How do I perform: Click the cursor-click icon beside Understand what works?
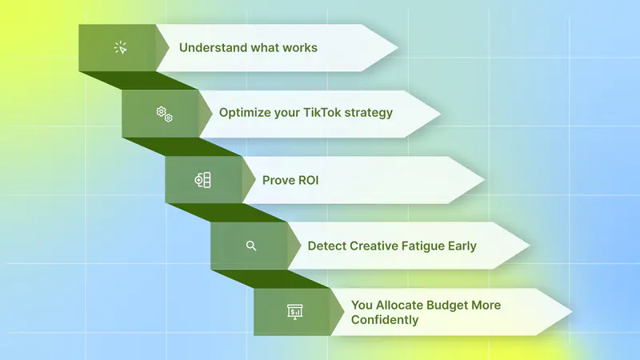(x=121, y=48)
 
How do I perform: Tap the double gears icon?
(x=165, y=114)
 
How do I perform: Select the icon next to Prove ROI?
(x=203, y=180)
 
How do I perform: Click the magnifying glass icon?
(x=251, y=246)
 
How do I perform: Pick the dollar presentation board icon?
(x=294, y=312)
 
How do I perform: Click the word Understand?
(x=208, y=48)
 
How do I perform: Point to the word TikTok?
(x=322, y=112)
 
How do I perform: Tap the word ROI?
(x=308, y=180)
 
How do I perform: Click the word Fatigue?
(x=423, y=246)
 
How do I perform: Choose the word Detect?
(x=327, y=246)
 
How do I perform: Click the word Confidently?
(x=385, y=320)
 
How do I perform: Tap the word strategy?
(x=369, y=113)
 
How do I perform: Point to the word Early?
(x=462, y=246)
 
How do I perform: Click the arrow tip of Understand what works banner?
(x=398, y=48)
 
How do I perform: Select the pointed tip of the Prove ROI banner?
(x=484, y=179)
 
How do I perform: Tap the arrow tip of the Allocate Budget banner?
(x=571, y=312)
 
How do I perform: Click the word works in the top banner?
(x=300, y=48)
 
